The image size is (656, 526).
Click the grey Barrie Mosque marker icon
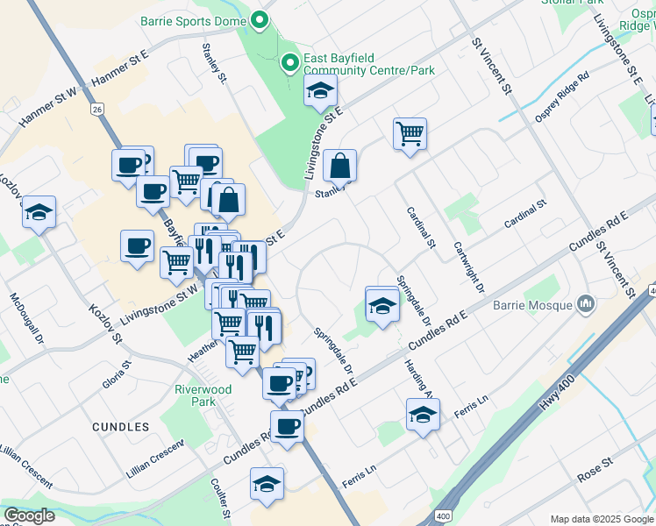(586, 305)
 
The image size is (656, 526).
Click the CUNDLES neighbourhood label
(120, 427)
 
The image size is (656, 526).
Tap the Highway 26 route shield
(96, 109)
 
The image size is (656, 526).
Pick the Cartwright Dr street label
(467, 263)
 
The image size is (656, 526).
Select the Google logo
(29, 515)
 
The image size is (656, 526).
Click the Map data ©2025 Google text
(602, 519)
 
